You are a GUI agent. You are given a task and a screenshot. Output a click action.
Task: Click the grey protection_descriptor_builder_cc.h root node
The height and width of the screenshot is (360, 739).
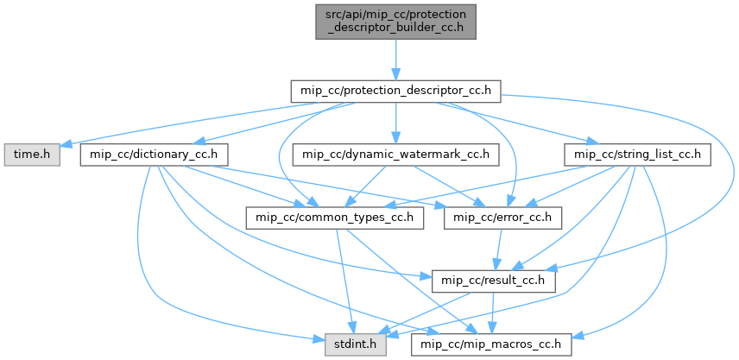(x=395, y=19)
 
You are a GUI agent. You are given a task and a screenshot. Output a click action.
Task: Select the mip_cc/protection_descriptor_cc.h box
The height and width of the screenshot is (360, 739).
(x=395, y=89)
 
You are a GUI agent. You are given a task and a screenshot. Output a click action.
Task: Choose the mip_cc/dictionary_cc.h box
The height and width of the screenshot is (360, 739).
(x=154, y=155)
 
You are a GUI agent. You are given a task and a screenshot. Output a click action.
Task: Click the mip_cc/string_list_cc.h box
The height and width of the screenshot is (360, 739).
(x=636, y=155)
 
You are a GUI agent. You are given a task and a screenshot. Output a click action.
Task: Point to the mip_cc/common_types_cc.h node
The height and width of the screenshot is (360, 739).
(x=335, y=218)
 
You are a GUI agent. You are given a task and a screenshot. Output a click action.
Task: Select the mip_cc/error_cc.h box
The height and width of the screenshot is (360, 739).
(x=502, y=218)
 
